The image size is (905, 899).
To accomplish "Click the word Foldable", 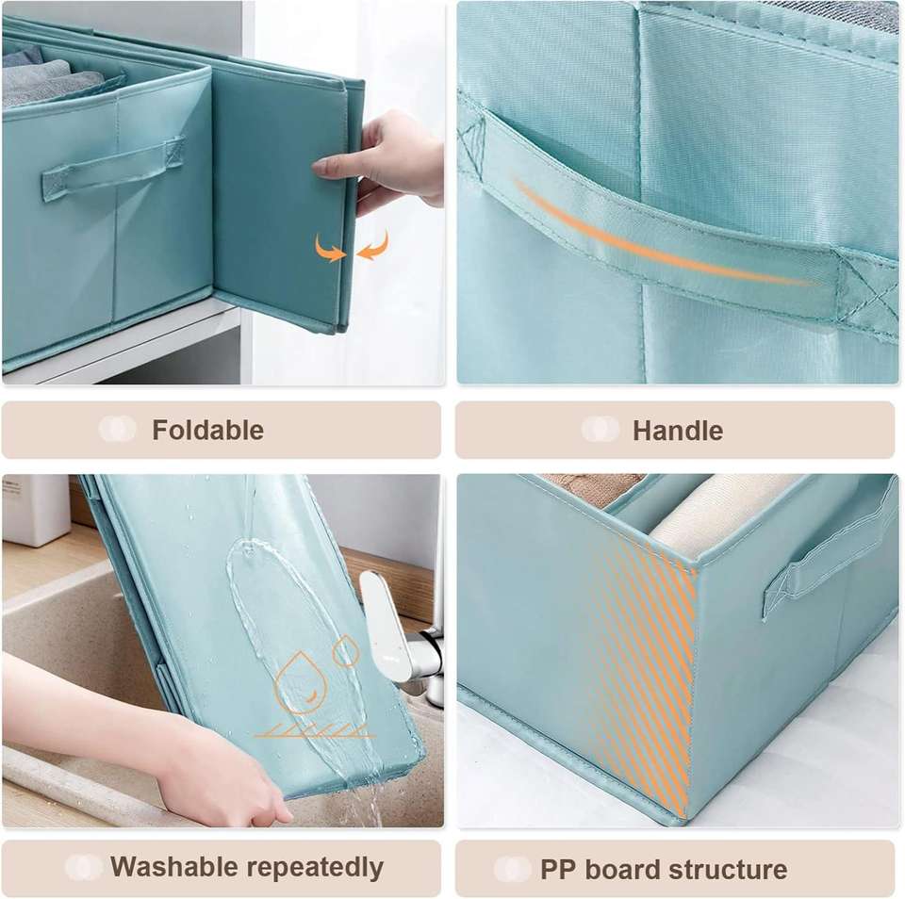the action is [207, 431].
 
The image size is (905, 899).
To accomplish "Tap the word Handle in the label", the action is [678, 431].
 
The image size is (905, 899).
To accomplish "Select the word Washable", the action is [174, 867].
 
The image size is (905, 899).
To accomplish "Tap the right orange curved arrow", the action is [373, 245].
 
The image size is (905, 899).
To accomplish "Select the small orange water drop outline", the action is [346, 651].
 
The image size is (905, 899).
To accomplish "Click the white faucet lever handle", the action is [383, 617].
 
